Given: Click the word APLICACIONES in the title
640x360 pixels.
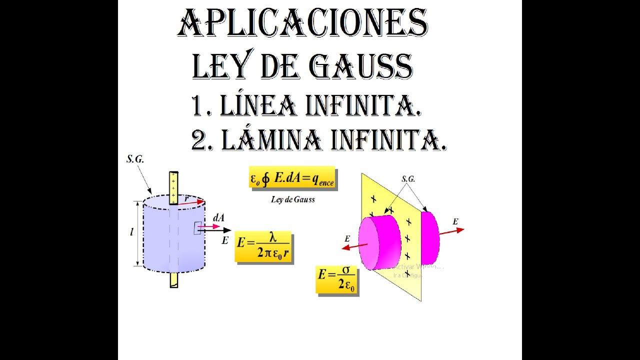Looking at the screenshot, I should [x=302, y=23].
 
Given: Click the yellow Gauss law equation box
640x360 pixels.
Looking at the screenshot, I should [x=292, y=178].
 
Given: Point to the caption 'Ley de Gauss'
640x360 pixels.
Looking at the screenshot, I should [x=292, y=199].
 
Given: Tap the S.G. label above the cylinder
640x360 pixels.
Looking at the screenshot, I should [x=135, y=159].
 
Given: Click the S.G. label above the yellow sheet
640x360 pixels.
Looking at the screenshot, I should [x=408, y=178].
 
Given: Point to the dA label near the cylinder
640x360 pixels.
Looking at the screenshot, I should [x=218, y=217].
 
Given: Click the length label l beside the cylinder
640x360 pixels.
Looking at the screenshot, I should [x=131, y=232].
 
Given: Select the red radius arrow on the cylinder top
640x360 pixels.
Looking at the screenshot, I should [x=191, y=202].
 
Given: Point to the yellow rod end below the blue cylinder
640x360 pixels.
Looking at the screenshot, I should [x=173, y=279].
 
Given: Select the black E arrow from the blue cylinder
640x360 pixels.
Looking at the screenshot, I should [x=220, y=230].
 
